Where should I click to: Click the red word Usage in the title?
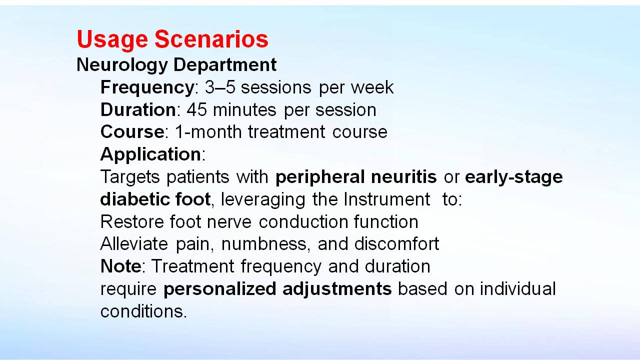click(x=112, y=39)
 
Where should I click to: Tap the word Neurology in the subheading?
click(x=122, y=65)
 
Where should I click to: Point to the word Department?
click(x=225, y=65)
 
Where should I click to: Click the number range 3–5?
click(x=220, y=87)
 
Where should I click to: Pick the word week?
click(x=372, y=87)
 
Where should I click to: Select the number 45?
click(x=196, y=109)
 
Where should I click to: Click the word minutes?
click(x=244, y=109)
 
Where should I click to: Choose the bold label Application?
click(x=150, y=155)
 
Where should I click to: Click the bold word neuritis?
click(x=403, y=176)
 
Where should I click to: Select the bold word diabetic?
click(x=134, y=199)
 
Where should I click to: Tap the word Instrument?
click(x=387, y=199)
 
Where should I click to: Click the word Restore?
click(x=131, y=221)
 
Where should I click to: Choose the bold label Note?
click(x=121, y=266)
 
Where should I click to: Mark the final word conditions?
click(x=143, y=311)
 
